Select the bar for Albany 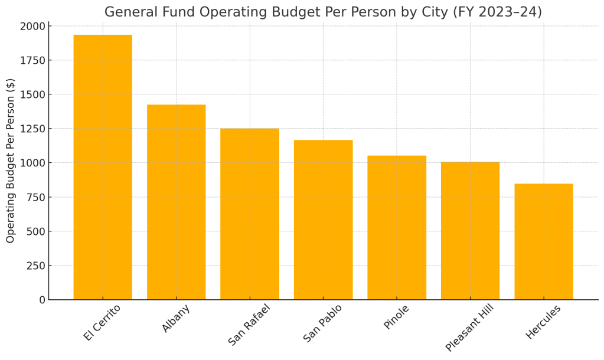tap(176, 202)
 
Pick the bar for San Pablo tap(323, 220)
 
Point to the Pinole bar tap(397, 227)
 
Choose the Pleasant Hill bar tap(470, 230)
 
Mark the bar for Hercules tap(544, 241)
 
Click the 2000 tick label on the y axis tap(32, 26)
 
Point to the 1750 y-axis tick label tap(32, 60)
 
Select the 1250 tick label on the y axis tap(32, 129)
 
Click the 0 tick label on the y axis tap(42, 300)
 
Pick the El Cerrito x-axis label tap(102, 322)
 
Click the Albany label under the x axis tap(176, 319)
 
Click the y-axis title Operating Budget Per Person tap(11, 161)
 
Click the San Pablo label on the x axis tap(322, 323)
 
